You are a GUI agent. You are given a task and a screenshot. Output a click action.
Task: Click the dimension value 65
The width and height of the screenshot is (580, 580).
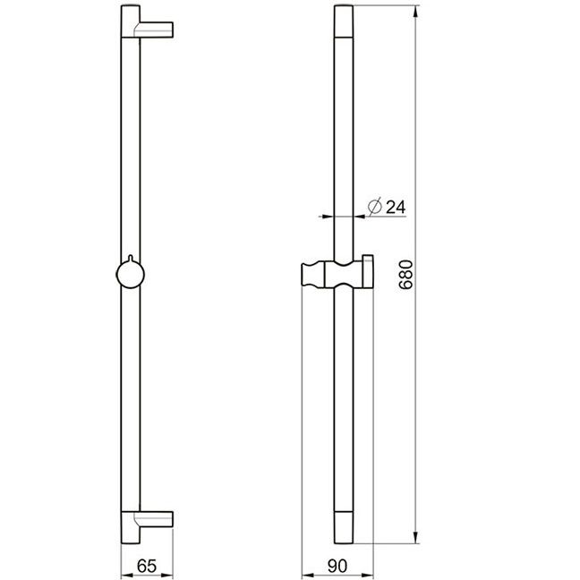click(x=147, y=566)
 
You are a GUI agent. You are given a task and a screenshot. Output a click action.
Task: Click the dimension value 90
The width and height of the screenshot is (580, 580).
click(x=337, y=566)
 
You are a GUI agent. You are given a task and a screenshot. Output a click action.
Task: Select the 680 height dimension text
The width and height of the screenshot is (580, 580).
click(x=405, y=275)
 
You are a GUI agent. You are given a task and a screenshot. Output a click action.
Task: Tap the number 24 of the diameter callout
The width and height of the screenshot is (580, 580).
click(x=396, y=207)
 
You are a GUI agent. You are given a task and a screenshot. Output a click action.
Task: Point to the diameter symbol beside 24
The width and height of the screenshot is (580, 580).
click(x=375, y=207)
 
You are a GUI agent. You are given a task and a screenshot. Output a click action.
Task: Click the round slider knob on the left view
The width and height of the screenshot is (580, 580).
click(x=130, y=275)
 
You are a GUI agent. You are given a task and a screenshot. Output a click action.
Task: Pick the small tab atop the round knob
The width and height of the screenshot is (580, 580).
click(x=130, y=258)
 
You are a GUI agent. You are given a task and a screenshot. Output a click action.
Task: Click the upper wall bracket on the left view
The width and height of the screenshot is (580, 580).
click(x=154, y=30)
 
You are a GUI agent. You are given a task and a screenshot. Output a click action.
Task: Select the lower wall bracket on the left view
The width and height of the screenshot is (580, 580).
click(x=154, y=519)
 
